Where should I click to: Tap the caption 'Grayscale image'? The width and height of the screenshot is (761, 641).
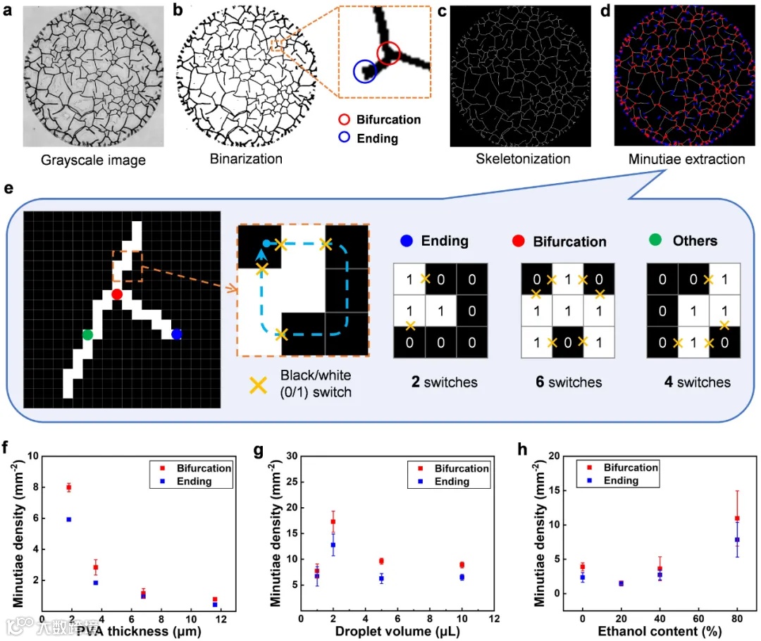(x=94, y=160)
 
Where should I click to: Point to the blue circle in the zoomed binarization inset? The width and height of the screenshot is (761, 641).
(x=364, y=70)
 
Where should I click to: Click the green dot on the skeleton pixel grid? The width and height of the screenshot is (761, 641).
(x=87, y=334)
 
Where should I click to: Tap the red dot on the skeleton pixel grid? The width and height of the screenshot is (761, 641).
(x=117, y=294)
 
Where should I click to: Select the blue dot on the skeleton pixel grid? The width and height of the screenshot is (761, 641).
(x=176, y=334)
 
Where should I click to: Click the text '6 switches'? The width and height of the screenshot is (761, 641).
(x=567, y=382)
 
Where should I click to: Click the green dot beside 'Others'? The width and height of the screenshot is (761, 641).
(x=654, y=241)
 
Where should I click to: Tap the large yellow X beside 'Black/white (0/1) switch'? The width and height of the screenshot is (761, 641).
(x=259, y=384)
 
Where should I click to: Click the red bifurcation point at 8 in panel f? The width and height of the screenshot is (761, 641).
(x=69, y=487)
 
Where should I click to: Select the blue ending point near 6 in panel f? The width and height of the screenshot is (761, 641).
(x=69, y=519)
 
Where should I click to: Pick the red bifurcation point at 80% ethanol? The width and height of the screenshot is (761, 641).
(x=737, y=518)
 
